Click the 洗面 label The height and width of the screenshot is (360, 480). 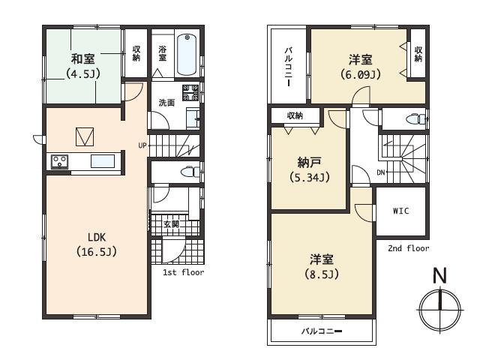(x=166, y=103)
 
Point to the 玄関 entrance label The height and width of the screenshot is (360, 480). (x=171, y=223)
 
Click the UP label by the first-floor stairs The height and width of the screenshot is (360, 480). (x=142, y=145)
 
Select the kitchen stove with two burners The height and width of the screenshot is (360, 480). (x=60, y=160)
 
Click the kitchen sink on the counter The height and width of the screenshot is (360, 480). (x=102, y=160)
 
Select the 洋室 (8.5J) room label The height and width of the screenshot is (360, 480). (x=322, y=266)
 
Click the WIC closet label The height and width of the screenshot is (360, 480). (x=400, y=211)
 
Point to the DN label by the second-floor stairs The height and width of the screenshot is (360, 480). (x=381, y=172)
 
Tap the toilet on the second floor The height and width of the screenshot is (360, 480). (x=413, y=118)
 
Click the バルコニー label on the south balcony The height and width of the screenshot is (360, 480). (x=322, y=331)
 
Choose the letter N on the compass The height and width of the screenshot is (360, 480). (x=439, y=276)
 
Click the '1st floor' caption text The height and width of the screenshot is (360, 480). (x=183, y=272)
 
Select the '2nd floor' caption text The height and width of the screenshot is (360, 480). (x=409, y=248)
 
